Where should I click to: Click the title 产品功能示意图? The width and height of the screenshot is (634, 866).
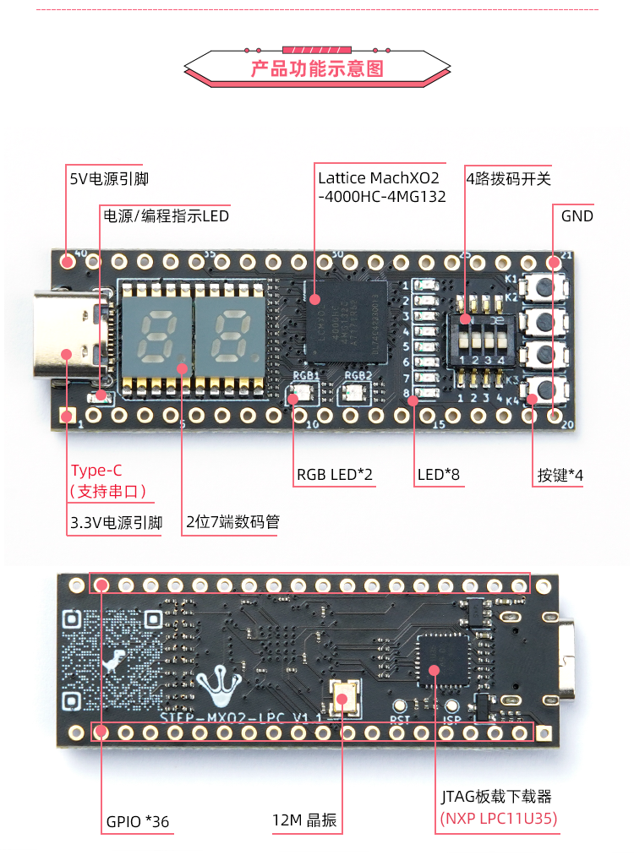point(317,68)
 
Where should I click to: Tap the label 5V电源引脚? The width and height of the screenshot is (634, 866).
point(115,178)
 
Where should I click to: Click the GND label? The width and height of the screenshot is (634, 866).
point(577,215)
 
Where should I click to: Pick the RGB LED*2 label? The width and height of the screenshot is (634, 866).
point(335,475)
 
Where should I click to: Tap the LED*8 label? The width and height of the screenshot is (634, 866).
point(439,475)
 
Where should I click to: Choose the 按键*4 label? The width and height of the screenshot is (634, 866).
point(560,475)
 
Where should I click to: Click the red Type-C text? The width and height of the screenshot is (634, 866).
point(97,471)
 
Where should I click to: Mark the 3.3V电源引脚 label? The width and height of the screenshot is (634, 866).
point(116,522)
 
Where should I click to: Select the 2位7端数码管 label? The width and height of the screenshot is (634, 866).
point(232,522)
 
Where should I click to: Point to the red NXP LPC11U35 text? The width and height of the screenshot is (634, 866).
point(499,819)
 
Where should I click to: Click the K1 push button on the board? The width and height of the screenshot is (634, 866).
point(545,288)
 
